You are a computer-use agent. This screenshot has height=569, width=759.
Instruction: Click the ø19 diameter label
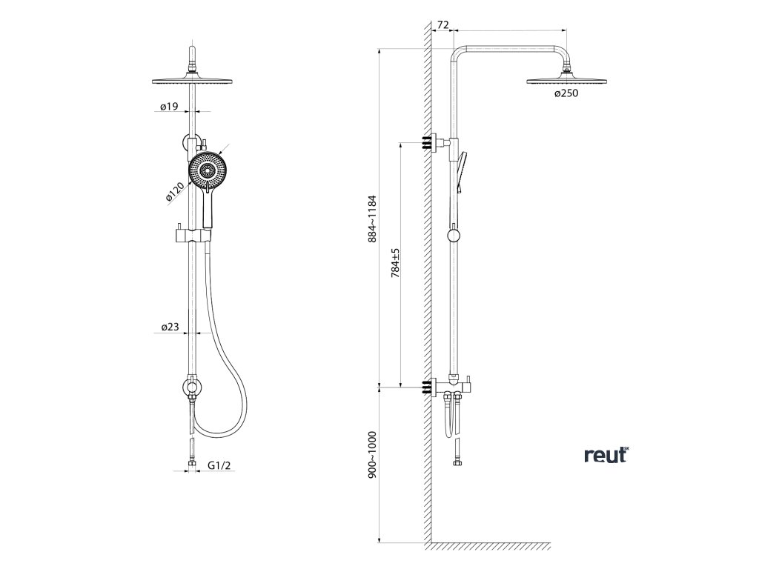pyautogui.click(x=169, y=107)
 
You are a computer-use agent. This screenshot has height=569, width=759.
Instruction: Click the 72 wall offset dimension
pyautogui.click(x=443, y=25)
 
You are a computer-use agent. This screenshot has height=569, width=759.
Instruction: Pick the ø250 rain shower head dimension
pyautogui.click(x=566, y=93)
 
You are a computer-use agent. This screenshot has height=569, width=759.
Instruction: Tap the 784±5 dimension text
pyautogui.click(x=396, y=263)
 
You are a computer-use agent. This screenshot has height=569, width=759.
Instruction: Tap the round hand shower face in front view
pyautogui.click(x=206, y=170)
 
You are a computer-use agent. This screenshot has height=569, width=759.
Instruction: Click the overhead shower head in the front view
pyautogui.click(x=194, y=79)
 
